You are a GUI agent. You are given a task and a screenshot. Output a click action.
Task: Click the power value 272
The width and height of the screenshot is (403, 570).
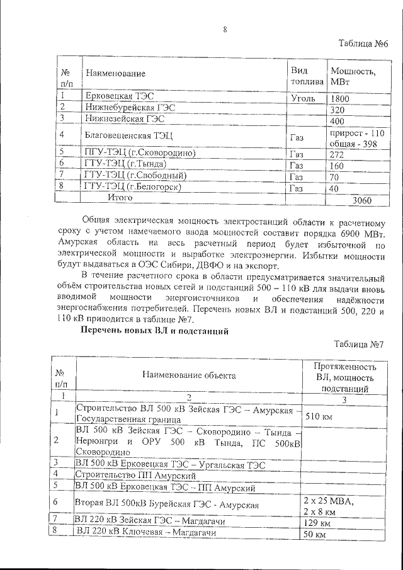338,154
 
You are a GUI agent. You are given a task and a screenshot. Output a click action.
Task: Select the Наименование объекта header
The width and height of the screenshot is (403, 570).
189,375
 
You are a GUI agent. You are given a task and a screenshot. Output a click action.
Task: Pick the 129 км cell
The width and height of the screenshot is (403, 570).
317,523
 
